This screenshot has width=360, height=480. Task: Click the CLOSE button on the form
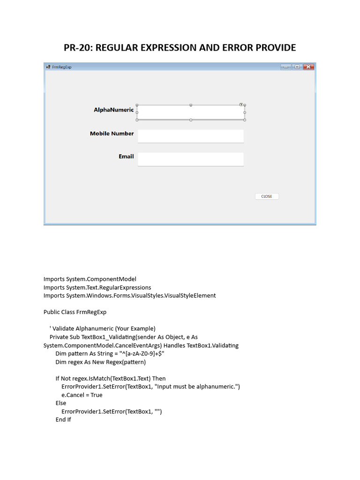pyautogui.click(x=267, y=196)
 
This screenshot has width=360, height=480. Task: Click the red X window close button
pyautogui.click(x=308, y=67)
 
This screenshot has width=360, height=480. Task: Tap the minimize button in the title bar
pyautogui.click(x=286, y=67)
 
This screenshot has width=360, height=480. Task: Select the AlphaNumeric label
pyautogui.click(x=113, y=110)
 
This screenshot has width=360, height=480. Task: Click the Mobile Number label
pyautogui.click(x=112, y=134)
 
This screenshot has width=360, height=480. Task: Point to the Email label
pyautogui.click(x=126, y=157)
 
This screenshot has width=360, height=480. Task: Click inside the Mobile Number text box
pyautogui.click(x=191, y=136)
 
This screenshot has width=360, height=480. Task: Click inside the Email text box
pyautogui.click(x=191, y=159)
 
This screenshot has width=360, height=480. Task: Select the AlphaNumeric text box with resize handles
pyautogui.click(x=191, y=112)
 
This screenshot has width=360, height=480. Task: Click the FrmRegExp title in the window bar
pyautogui.click(x=62, y=67)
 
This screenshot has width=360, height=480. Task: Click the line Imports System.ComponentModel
pyautogui.click(x=90, y=279)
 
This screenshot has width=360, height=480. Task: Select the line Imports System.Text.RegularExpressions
pyautogui.click(x=97, y=287)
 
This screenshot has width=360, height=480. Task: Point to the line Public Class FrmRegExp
pyautogui.click(x=75, y=312)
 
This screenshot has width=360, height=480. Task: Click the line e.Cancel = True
pyautogui.click(x=82, y=395)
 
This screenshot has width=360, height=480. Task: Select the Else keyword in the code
pyautogui.click(x=61, y=403)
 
